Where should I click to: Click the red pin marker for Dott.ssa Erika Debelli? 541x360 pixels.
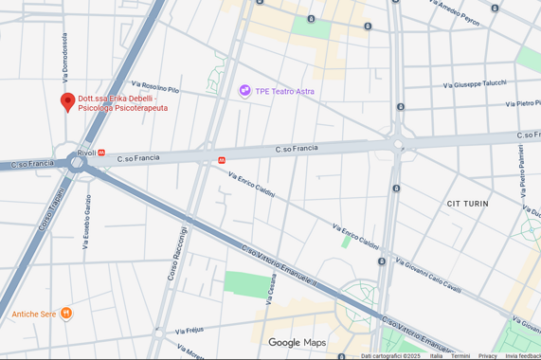(x=67, y=101)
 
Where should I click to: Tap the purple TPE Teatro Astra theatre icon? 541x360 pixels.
(x=245, y=91)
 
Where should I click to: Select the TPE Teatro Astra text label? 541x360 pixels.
(x=285, y=91)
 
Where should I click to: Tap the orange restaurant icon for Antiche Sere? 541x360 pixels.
(x=65, y=314)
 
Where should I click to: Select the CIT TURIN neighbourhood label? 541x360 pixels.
(x=467, y=204)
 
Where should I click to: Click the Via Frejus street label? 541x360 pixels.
(x=189, y=332)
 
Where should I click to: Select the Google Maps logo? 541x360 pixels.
(x=297, y=342)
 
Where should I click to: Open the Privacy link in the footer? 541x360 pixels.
(x=487, y=356)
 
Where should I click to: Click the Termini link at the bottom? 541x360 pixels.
(x=460, y=356)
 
